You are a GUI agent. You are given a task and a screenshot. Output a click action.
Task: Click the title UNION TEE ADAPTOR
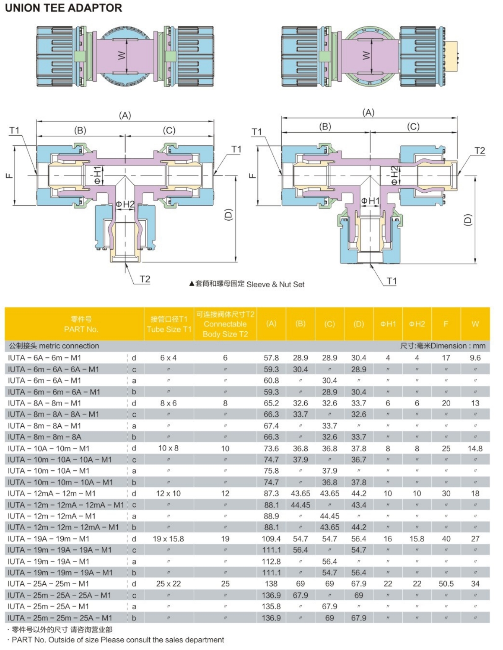(x=63, y=8)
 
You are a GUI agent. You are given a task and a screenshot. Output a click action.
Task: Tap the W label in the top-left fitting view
(x=122, y=55)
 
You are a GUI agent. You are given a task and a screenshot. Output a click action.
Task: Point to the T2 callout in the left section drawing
(x=145, y=279)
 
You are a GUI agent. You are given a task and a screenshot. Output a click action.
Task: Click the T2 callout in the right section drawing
(x=480, y=151)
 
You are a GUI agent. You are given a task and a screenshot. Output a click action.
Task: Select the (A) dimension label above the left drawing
(x=125, y=116)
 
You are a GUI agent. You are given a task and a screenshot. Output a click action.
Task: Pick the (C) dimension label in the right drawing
(x=413, y=126)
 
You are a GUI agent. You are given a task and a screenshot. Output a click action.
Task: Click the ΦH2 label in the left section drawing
(x=125, y=204)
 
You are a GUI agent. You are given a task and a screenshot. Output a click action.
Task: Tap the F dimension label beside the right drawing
(x=252, y=175)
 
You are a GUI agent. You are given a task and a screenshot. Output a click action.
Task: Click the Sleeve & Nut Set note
(x=247, y=284)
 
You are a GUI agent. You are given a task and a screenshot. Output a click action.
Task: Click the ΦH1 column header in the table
(x=388, y=324)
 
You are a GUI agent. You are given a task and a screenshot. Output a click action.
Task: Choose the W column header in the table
(x=475, y=324)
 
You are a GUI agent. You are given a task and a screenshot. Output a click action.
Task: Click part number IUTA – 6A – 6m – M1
(x=44, y=358)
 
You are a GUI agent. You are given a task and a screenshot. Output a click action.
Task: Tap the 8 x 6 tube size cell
(x=168, y=403)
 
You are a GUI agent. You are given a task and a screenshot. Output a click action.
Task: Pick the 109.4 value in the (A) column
(x=271, y=539)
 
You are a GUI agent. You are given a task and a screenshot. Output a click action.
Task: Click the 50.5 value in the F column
(x=446, y=584)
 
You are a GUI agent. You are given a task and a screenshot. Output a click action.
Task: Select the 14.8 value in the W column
(x=475, y=448)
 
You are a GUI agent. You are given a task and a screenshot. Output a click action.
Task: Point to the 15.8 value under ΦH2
(x=417, y=539)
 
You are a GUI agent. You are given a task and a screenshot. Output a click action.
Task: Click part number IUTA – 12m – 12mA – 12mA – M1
(x=66, y=505)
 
